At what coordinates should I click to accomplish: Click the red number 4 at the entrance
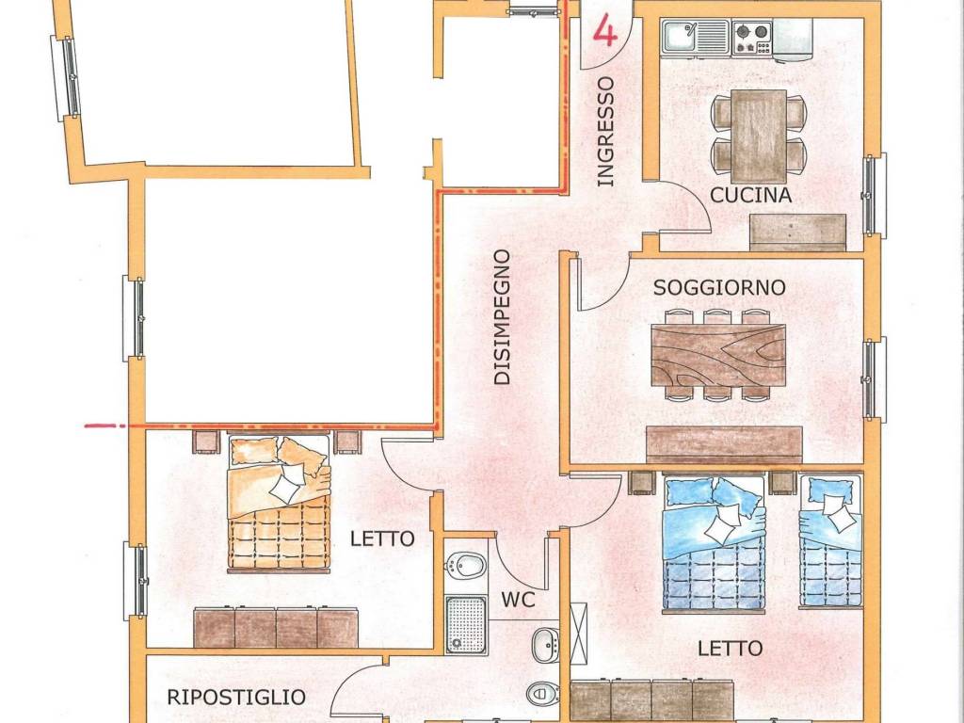pyautogui.click(x=605, y=31)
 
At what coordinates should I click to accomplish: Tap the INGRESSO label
pyautogui.click(x=605, y=131)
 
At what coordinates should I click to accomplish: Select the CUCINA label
pyautogui.click(x=750, y=196)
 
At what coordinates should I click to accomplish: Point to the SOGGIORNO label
pyautogui.click(x=719, y=288)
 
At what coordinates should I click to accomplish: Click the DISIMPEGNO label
pyautogui.click(x=503, y=317)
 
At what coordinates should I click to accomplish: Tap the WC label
pyautogui.click(x=519, y=600)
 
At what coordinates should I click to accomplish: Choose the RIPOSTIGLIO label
pyautogui.click(x=236, y=698)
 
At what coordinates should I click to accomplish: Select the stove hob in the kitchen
pyautogui.click(x=752, y=38)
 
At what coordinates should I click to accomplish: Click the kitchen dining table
pyautogui.click(x=759, y=136)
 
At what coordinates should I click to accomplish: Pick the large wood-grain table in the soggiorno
pyautogui.click(x=718, y=355)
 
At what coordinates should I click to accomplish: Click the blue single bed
pyautogui.click(x=830, y=541)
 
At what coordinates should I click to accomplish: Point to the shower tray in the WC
pyautogui.click(x=465, y=624)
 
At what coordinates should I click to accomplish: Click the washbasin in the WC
pyautogui.click(x=545, y=645)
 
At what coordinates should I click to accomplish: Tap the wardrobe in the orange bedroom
pyautogui.click(x=276, y=628)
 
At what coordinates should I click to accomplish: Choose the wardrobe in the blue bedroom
pyautogui.click(x=651, y=699)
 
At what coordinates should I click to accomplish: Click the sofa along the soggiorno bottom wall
pyautogui.click(x=724, y=444)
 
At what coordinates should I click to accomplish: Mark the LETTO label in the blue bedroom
pyautogui.click(x=731, y=648)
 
